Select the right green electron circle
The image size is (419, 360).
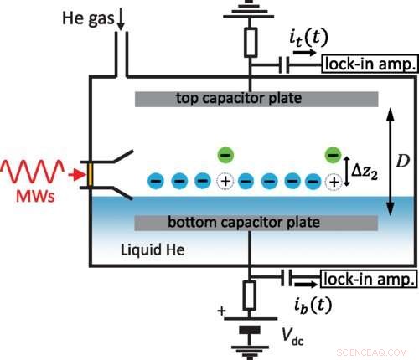click(x=333, y=154)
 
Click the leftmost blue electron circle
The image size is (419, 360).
click(x=155, y=180)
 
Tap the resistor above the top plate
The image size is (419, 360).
click(x=250, y=41)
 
